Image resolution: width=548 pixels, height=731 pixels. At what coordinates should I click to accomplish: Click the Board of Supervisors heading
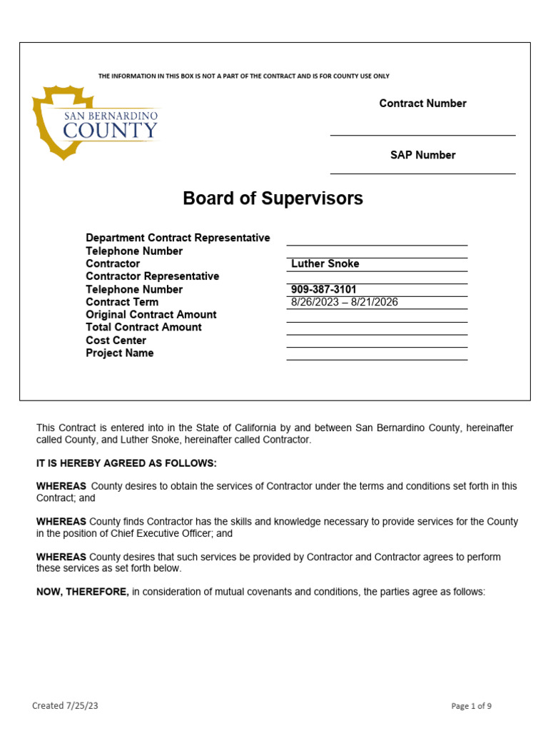click(273, 198)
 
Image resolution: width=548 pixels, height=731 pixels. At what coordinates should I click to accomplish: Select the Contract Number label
click(422, 104)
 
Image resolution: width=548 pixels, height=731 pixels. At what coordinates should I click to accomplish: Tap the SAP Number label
click(422, 155)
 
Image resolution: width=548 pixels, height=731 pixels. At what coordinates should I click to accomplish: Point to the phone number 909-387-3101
click(323, 290)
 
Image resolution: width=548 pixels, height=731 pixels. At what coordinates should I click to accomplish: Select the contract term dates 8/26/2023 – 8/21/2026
click(344, 302)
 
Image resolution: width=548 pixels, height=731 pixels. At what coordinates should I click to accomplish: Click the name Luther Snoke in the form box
click(325, 264)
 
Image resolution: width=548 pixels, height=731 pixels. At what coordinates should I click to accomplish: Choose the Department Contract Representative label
click(178, 238)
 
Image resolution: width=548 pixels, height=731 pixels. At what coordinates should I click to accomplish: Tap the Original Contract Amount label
click(151, 315)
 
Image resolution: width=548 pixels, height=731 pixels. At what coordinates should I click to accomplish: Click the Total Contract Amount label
click(143, 328)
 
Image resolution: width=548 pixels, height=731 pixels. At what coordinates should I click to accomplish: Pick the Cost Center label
click(116, 341)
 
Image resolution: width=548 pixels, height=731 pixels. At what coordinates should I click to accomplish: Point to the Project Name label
click(119, 353)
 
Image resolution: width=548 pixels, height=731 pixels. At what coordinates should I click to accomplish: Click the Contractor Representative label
click(152, 276)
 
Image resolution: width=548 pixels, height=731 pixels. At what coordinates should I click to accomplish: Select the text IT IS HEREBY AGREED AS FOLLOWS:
click(126, 463)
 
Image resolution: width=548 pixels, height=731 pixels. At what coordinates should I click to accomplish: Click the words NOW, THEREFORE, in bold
click(83, 592)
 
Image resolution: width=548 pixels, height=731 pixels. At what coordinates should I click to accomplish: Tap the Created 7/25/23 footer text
click(65, 706)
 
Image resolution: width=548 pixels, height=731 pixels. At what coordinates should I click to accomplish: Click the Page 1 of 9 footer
click(471, 706)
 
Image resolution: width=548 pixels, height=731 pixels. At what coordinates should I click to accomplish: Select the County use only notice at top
click(243, 76)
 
